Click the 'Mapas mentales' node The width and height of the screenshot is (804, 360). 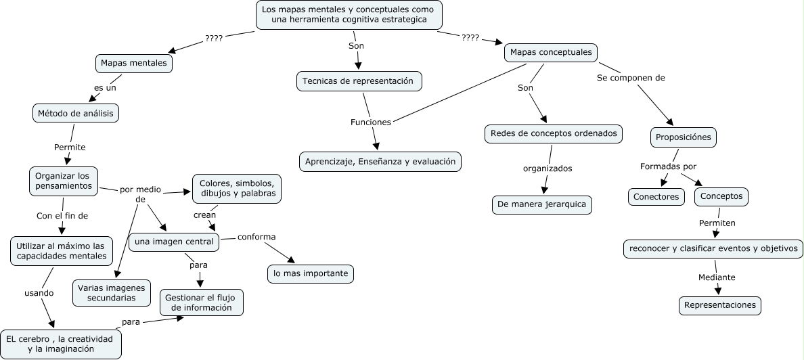click(134, 63)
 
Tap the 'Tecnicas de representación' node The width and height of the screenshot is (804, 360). click(359, 81)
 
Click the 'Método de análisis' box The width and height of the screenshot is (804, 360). click(76, 113)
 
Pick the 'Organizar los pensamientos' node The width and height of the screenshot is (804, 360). click(64, 181)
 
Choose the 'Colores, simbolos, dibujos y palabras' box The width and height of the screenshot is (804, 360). click(237, 188)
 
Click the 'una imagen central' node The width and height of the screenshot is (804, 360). click(174, 242)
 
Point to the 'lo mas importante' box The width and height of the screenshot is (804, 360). click(310, 273)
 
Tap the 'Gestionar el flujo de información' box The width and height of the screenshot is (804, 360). click(202, 302)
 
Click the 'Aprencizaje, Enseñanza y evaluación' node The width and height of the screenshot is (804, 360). click(380, 162)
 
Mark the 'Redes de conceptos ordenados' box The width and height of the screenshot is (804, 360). click(554, 134)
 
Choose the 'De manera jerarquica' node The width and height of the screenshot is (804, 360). click(542, 204)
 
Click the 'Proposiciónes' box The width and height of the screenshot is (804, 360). click(683, 137)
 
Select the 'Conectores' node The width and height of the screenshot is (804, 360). click(655, 197)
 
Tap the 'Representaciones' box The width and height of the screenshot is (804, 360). click(719, 305)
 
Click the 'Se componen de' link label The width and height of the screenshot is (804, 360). click(631, 78)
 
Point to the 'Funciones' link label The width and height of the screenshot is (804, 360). click(370, 122)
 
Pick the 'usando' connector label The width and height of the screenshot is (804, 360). click(39, 293)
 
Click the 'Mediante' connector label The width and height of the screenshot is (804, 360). click(716, 277)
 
